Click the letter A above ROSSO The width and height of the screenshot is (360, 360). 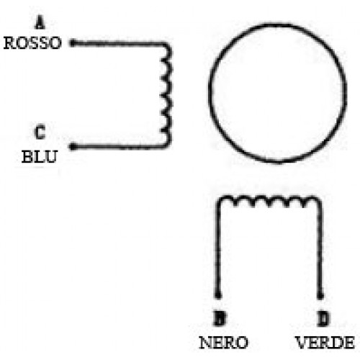[40, 22]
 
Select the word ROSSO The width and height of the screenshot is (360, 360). [32, 43]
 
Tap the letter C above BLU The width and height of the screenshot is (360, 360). [40, 132]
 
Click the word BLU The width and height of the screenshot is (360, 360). [40, 156]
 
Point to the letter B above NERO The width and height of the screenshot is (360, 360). [220, 318]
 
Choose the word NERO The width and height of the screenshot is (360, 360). [224, 342]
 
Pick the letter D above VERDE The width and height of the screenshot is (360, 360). [323, 318]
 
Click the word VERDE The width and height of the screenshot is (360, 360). [325, 342]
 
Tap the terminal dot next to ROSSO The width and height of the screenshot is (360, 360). [72, 43]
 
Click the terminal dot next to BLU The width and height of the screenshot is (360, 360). [73, 146]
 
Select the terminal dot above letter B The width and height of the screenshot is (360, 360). [218, 295]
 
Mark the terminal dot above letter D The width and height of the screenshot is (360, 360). [320, 296]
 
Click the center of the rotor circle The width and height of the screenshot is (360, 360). [278, 93]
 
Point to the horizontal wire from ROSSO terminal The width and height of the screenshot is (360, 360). [118, 44]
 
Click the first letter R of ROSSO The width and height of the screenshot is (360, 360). [9, 43]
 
